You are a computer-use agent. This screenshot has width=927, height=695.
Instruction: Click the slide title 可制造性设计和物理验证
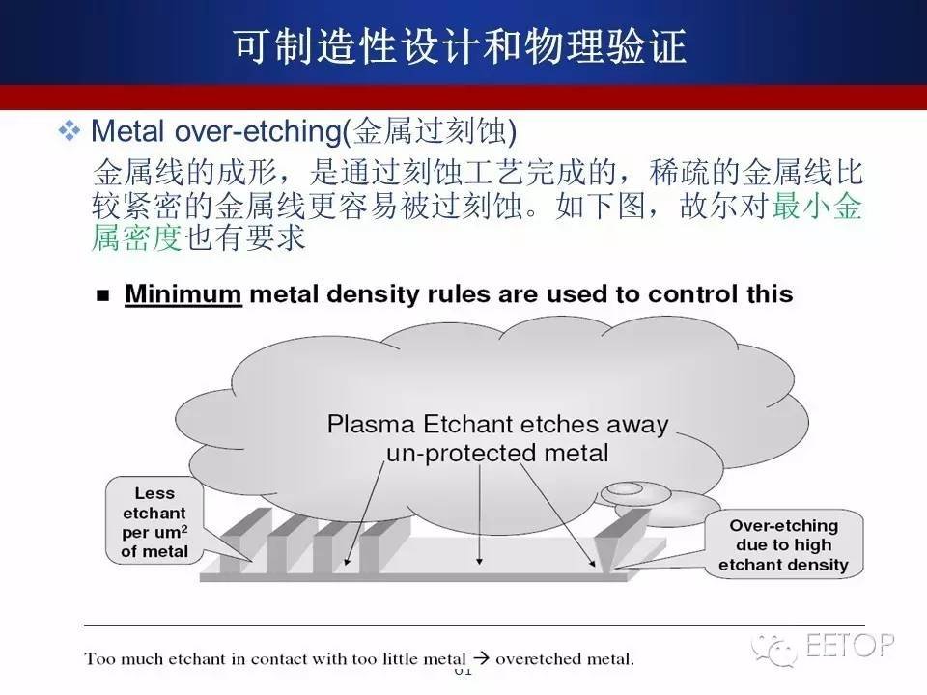461,45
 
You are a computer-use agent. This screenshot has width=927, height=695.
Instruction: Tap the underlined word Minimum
183,293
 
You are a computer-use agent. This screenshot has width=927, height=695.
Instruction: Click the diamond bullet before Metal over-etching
70,130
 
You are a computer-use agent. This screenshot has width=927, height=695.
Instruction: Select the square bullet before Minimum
103,295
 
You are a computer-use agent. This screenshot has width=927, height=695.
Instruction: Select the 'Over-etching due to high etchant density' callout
783,544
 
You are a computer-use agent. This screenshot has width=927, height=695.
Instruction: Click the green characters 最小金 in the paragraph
817,206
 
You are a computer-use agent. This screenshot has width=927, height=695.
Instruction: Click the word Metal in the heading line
127,130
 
